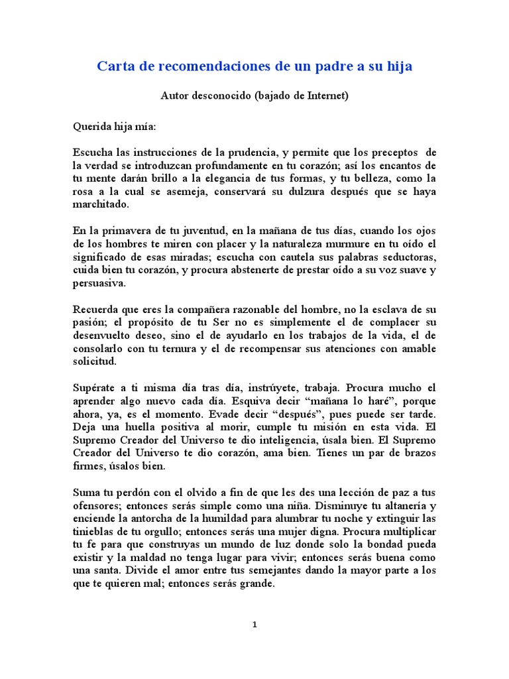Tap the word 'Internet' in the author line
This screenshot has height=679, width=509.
tap(324, 95)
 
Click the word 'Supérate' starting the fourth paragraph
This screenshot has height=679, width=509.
tap(94, 389)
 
